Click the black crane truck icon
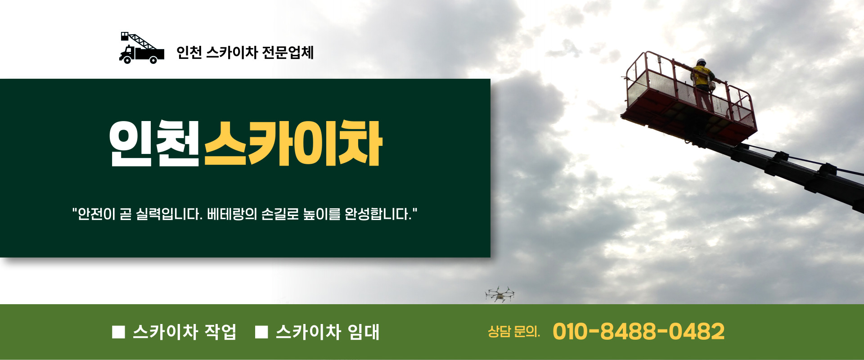141,48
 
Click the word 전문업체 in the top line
288,53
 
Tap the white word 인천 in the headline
154,144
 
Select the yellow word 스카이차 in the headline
293,144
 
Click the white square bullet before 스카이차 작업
118,332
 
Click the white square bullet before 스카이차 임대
261,332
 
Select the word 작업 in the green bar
220,332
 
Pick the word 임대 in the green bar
364,332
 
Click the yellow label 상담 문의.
514,332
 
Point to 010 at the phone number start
570,332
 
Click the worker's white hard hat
701,62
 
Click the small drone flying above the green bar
499,294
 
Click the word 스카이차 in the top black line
232,53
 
